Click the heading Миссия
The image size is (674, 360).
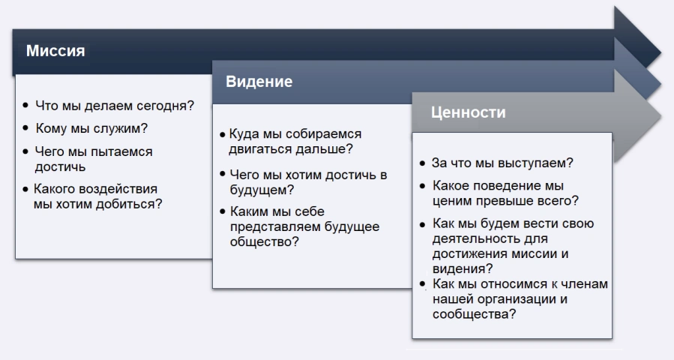click(x=56, y=52)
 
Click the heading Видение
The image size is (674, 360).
click(x=259, y=82)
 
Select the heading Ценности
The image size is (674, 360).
click(x=468, y=113)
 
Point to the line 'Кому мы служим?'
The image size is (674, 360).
click(x=91, y=127)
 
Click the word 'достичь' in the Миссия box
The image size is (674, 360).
click(x=60, y=166)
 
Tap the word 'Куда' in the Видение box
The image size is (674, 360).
click(x=244, y=134)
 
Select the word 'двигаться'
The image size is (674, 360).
click(x=258, y=149)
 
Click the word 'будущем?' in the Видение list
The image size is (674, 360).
click(x=253, y=189)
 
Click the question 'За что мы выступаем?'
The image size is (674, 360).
click(x=503, y=163)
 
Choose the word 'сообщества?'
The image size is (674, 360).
click(x=473, y=313)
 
